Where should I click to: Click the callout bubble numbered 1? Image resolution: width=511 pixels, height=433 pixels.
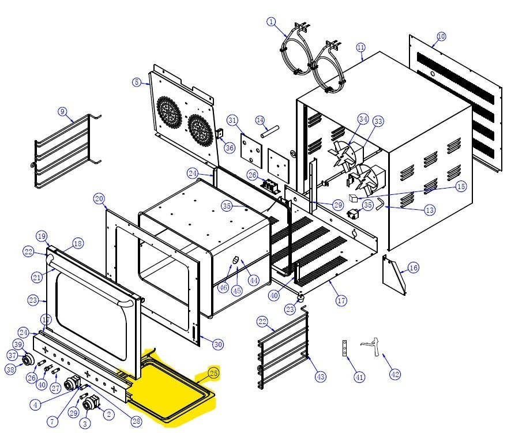coord(272,22)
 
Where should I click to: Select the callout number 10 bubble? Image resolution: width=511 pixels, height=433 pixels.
coord(441,36)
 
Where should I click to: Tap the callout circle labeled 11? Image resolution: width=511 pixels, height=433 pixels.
coord(361,47)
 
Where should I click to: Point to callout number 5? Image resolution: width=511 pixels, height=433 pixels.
coord(137,82)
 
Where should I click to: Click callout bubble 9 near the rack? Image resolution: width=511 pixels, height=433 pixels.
coord(63,111)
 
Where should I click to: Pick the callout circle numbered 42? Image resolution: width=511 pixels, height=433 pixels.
coord(394,374)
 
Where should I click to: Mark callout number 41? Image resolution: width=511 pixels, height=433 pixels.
coord(359,378)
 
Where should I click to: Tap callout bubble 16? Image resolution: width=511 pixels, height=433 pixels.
coord(413,268)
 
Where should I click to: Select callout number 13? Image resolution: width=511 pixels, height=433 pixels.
coord(429,210)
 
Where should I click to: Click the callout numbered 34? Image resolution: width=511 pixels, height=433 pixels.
coord(362,119)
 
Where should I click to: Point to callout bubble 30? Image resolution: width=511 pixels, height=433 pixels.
coord(217,345)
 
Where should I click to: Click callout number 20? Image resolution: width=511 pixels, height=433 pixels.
coord(99,199)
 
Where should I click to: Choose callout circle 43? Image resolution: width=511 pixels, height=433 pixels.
coord(321,376)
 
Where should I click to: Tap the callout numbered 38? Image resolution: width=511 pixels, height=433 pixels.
coord(10,370)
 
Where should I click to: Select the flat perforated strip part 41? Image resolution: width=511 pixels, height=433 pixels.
coord(345,349)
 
